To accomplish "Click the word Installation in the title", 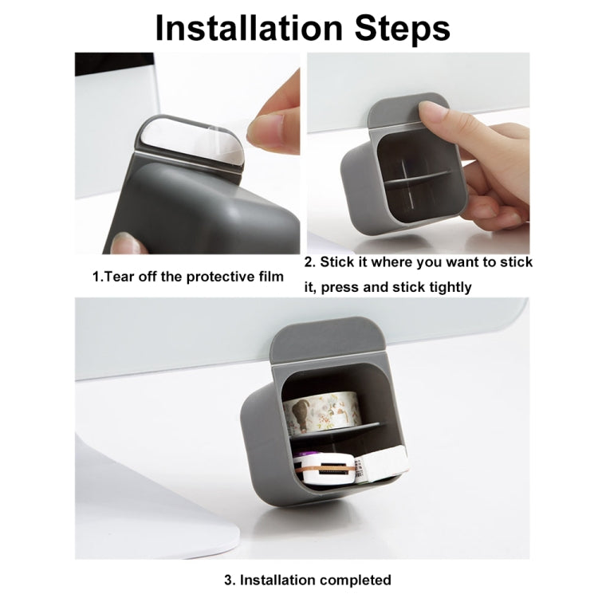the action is [249, 28].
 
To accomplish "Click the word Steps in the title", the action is [403, 29].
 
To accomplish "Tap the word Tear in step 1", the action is [120, 277].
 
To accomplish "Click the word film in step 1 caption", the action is [270, 276].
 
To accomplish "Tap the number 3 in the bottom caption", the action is [230, 580].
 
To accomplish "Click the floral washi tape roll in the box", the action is [321, 414].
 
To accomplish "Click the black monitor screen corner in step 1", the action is [114, 64].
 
